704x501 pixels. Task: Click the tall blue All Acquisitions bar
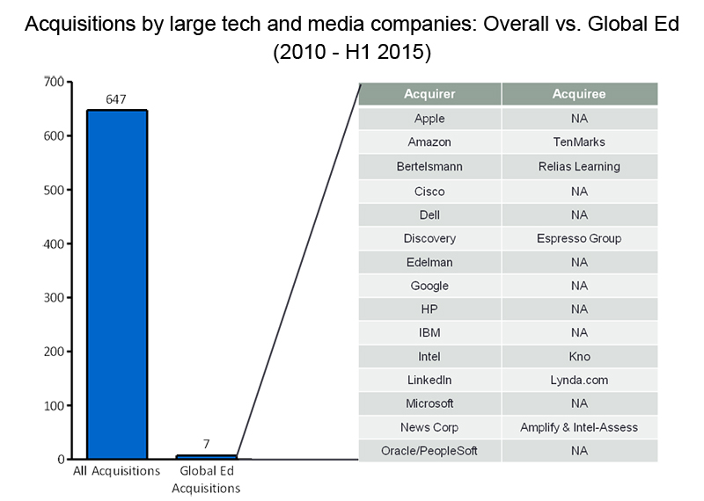117,285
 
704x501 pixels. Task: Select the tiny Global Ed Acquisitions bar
207,457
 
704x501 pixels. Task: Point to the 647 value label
116,99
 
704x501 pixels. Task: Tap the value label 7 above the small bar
206,444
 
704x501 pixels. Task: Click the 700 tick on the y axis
54,82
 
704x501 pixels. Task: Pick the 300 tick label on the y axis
54,298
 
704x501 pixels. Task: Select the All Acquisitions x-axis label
116,471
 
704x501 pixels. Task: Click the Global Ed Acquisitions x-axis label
206,480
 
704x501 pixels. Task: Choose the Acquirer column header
429,94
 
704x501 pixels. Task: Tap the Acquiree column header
579,94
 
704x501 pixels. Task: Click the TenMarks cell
579,142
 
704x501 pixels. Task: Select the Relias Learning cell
579,166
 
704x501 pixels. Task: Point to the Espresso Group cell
579,238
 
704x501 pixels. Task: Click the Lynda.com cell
579,380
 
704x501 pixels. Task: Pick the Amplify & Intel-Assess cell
579,427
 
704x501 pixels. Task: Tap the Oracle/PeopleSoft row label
429,451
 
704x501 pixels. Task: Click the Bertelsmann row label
429,166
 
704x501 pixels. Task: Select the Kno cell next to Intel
579,357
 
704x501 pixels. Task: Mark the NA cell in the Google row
579,286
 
